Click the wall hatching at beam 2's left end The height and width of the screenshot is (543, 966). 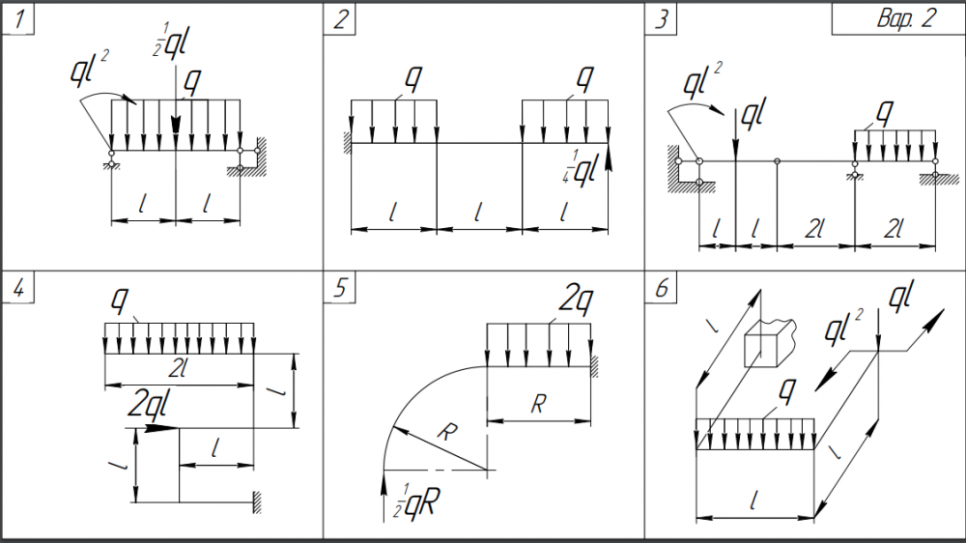pyautogui.click(x=345, y=143)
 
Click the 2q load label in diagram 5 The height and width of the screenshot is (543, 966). pyautogui.click(x=576, y=303)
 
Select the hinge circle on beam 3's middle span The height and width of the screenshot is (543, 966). pyautogui.click(x=778, y=161)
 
